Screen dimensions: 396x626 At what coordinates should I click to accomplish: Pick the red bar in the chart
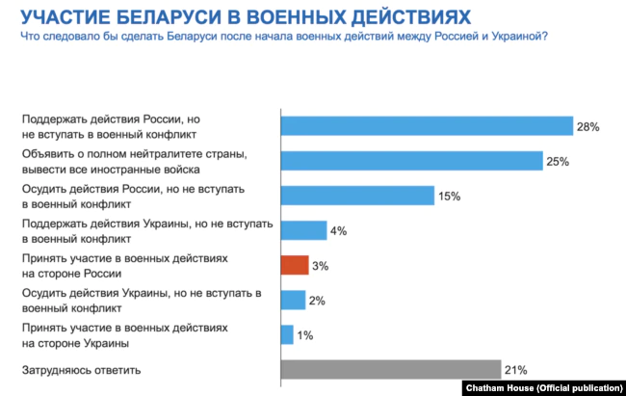click(x=294, y=265)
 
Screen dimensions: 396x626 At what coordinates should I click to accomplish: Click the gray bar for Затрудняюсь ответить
click(x=390, y=370)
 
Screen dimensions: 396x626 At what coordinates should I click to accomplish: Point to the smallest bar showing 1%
click(x=287, y=334)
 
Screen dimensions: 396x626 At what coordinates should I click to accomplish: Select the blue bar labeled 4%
click(x=303, y=230)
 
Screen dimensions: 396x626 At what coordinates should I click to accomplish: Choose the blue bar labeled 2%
click(x=293, y=300)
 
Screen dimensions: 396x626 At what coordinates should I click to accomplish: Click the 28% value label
click(x=588, y=127)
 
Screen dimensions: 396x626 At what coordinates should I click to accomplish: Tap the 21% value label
click(x=514, y=370)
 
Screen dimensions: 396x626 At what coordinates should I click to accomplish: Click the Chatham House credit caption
click(x=541, y=386)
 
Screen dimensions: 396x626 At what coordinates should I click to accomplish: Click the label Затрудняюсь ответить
click(x=81, y=369)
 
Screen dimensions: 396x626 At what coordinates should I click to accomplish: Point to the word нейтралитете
click(x=164, y=154)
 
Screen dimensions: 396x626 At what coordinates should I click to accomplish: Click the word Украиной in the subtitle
click(x=517, y=37)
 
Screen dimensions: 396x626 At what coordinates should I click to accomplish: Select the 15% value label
click(x=449, y=197)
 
